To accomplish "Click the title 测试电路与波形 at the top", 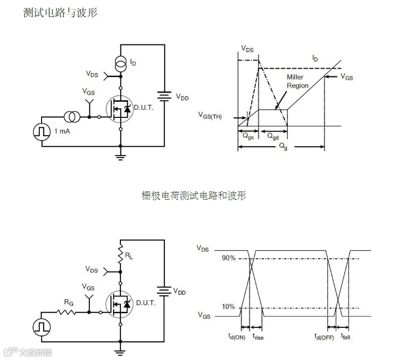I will pos(60,13).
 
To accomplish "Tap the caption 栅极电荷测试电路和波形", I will pos(194,195).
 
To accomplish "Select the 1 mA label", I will pos(62,131).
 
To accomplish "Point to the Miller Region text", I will pos(297,81).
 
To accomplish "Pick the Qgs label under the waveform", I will pos(247,135).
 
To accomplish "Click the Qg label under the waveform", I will pos(283,147).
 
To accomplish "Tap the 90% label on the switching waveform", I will pos(228,258).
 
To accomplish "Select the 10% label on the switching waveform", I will pos(228,307).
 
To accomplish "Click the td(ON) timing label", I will pos(236,337).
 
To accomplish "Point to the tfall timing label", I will pos(345,337).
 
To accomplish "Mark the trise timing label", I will pos(258,337).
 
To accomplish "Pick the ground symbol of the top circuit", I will pos(121,157).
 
